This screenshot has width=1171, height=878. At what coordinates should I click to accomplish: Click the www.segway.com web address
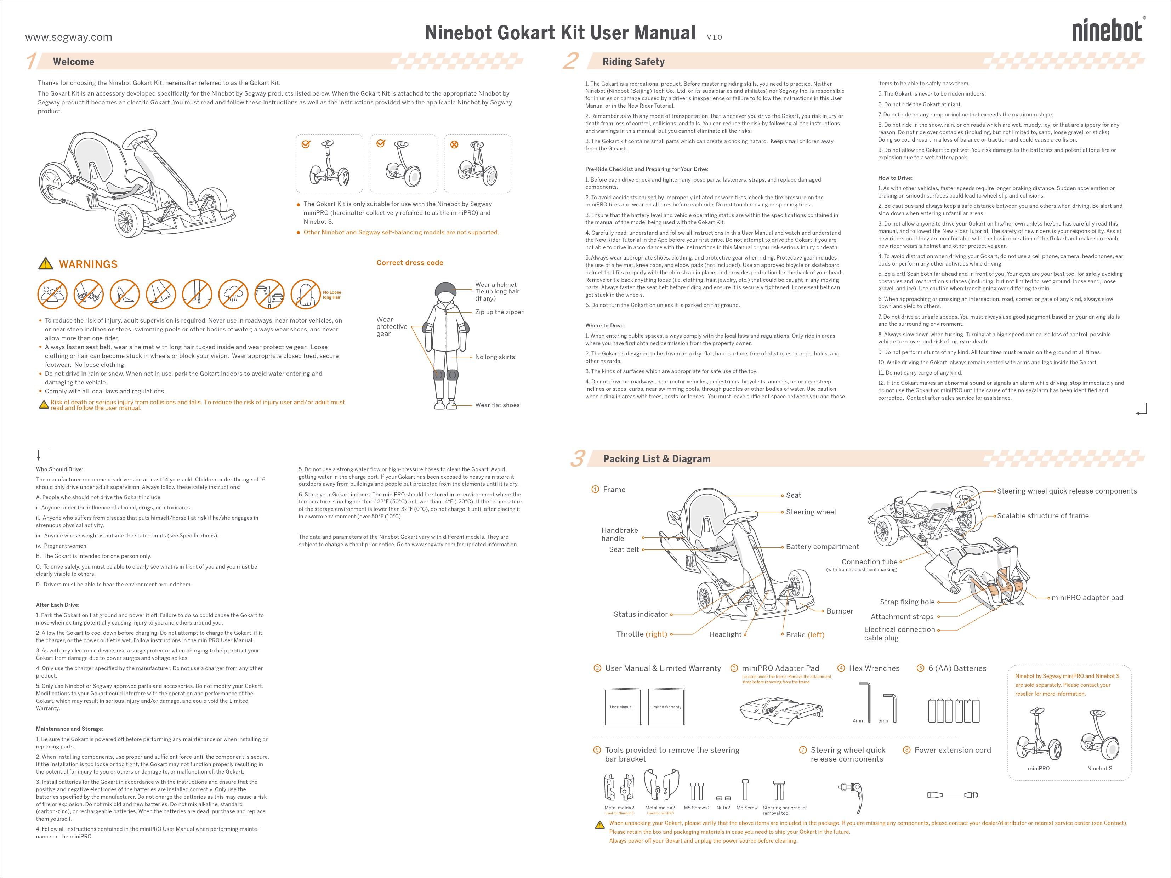[68, 37]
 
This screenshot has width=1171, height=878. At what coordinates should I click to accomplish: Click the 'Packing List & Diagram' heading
[656, 459]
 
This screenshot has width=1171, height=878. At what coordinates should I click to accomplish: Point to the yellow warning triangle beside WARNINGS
[46, 263]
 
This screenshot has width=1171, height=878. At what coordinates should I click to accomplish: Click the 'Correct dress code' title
[410, 262]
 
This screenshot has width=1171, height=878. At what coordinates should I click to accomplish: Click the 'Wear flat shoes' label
[497, 405]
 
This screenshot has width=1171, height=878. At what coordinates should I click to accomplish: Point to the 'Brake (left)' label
[805, 634]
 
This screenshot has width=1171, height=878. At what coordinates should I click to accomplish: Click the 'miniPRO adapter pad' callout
[1087, 598]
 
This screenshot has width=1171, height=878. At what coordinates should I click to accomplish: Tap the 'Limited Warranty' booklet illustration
[665, 707]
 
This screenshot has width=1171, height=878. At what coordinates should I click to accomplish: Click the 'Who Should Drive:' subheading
[59, 469]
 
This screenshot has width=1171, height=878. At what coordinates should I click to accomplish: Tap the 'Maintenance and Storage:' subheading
[69, 729]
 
